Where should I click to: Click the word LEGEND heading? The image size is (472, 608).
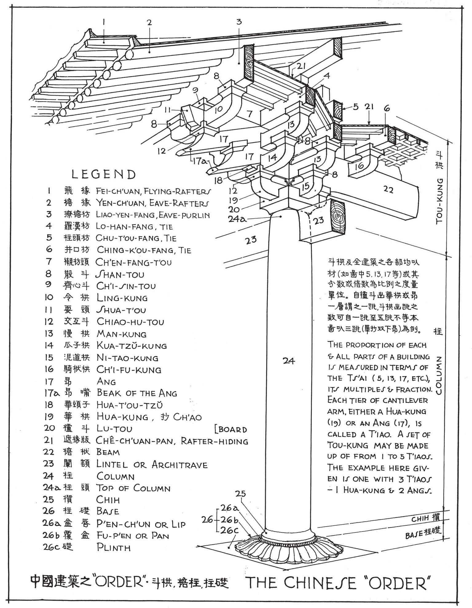pyautogui.click(x=104, y=175)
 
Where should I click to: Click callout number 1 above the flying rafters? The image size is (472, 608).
pyautogui.click(x=104, y=22)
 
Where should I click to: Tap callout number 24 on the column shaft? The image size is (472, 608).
pyautogui.click(x=289, y=361)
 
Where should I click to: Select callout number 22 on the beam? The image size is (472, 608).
pyautogui.click(x=388, y=190)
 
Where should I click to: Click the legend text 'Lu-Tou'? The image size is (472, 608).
pyautogui.click(x=114, y=429)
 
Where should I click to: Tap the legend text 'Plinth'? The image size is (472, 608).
pyautogui.click(x=113, y=547)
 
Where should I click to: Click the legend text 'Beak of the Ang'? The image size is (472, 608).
pyautogui.click(x=137, y=393)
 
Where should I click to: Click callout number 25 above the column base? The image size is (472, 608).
pyautogui.click(x=241, y=494)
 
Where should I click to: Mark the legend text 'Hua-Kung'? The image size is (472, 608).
pyautogui.click(x=122, y=417)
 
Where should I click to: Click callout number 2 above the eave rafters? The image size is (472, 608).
pyautogui.click(x=149, y=22)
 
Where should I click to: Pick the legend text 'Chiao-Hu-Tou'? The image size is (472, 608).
pyautogui.click(x=130, y=322)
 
